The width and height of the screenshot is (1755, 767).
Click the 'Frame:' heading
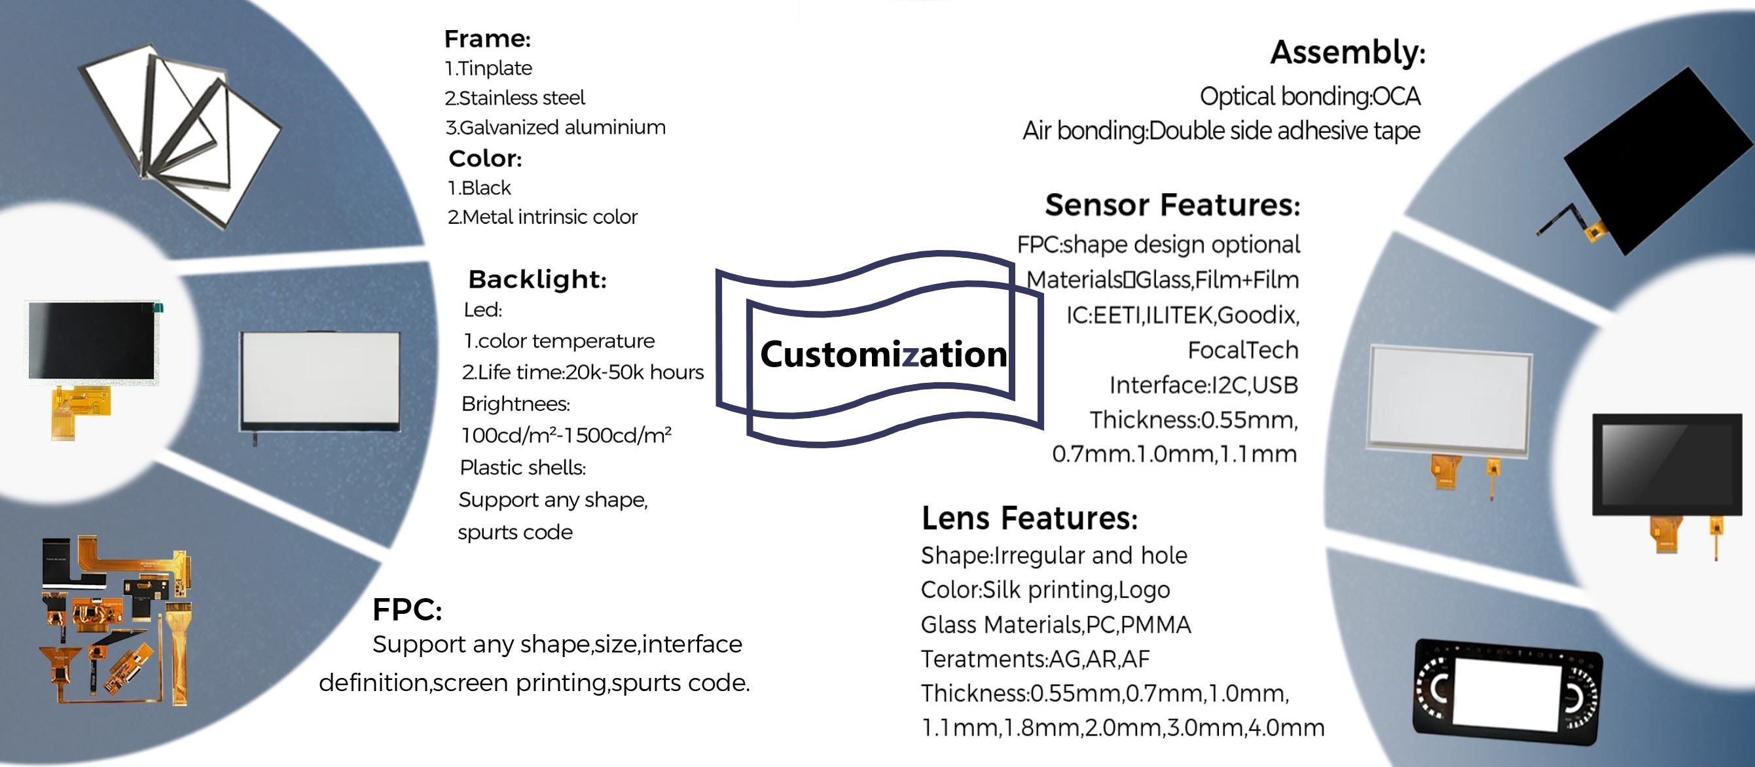(487, 39)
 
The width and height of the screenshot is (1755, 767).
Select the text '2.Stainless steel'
(515, 98)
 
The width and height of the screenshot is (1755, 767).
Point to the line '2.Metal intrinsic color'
(542, 217)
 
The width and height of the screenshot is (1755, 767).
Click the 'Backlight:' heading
(537, 279)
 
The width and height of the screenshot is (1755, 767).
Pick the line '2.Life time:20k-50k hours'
(583, 372)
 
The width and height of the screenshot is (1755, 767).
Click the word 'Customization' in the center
(884, 354)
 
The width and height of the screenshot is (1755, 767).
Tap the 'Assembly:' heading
(1348, 52)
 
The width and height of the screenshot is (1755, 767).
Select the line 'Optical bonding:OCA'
(1309, 97)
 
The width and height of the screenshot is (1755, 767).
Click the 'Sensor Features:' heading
(1172, 204)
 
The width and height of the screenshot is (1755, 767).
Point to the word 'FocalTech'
(1242, 350)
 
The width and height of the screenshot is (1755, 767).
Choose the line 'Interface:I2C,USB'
(1204, 385)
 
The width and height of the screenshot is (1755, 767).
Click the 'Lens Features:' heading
(1030, 518)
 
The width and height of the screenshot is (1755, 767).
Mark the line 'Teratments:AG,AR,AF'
(1035, 659)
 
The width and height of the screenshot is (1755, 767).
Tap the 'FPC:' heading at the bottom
(407, 610)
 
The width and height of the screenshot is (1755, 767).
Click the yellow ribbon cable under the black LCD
(79, 411)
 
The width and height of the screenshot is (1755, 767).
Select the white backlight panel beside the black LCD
(320, 382)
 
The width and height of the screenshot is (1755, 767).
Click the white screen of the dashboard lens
(1506, 694)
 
